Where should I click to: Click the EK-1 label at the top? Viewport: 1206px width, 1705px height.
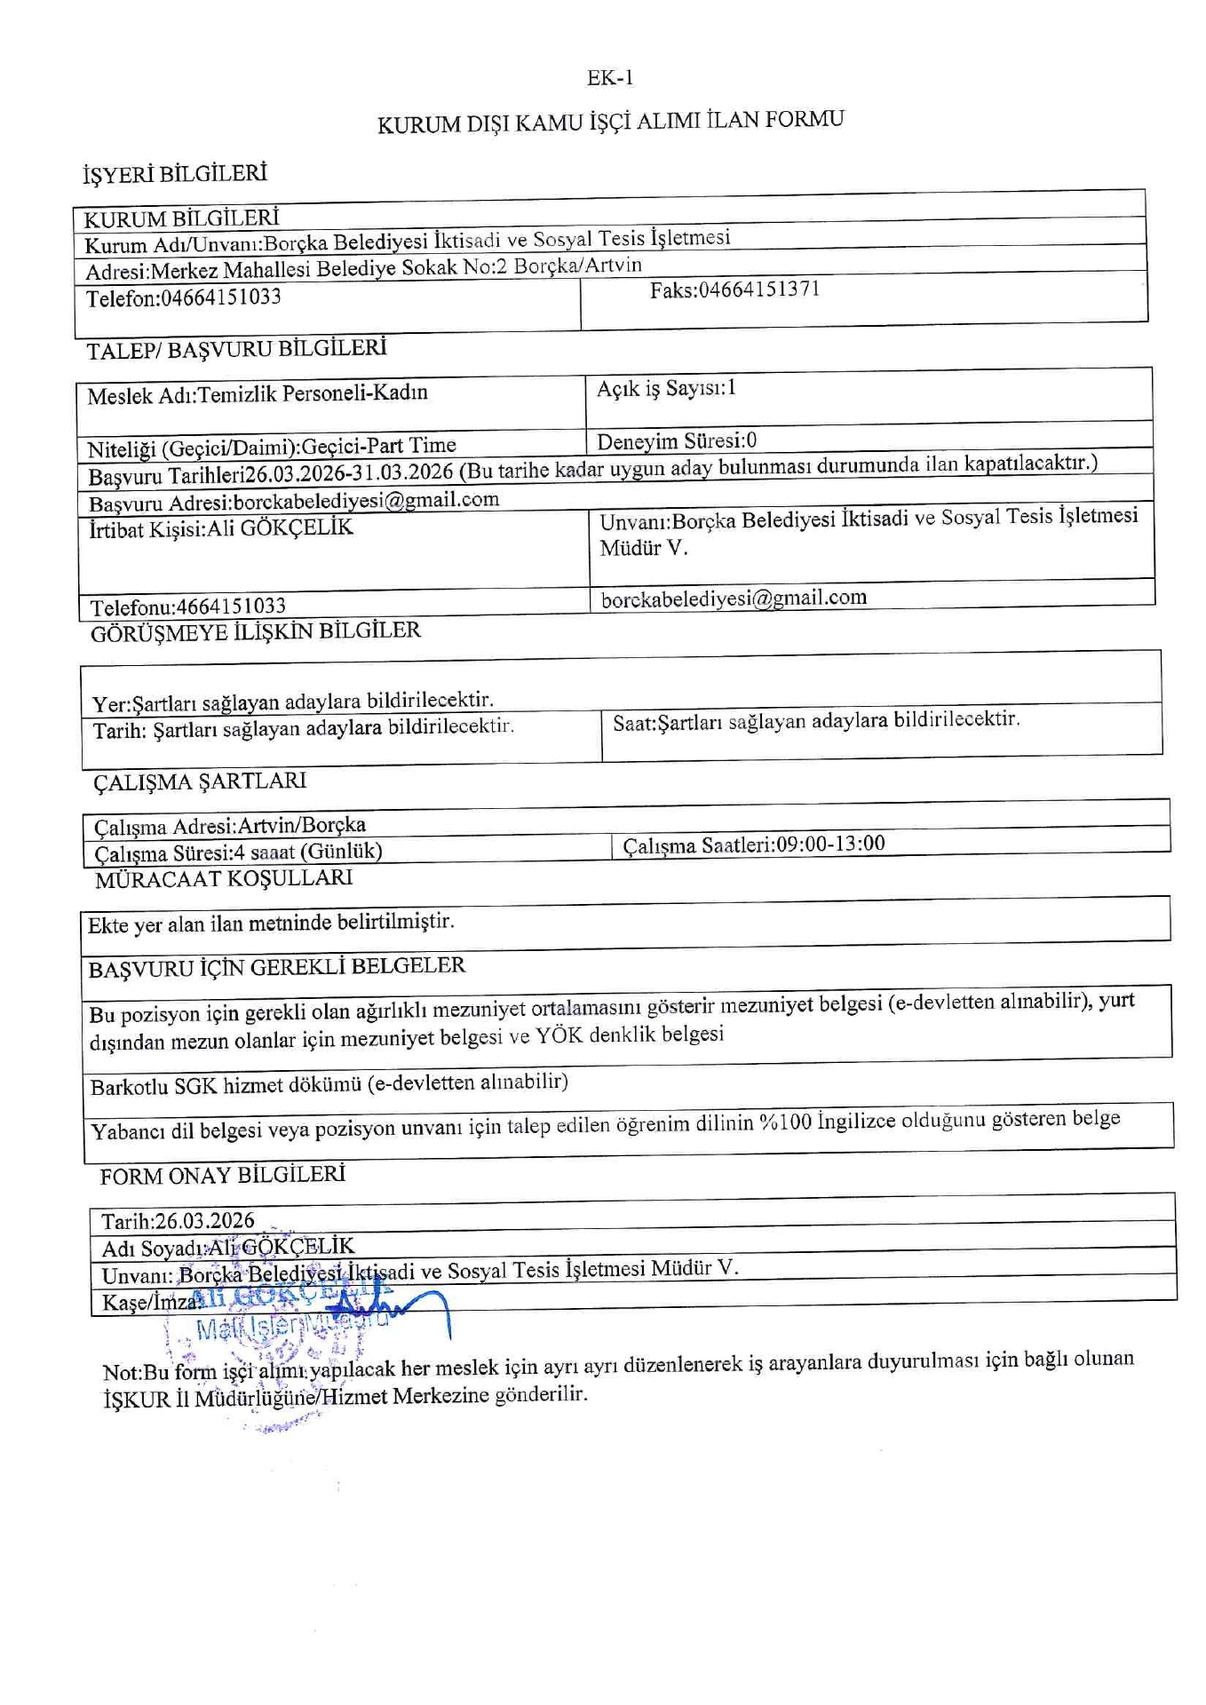(610, 78)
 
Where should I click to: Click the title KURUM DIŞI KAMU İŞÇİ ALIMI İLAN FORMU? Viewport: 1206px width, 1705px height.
(610, 121)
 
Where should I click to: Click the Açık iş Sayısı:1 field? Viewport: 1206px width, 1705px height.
(666, 388)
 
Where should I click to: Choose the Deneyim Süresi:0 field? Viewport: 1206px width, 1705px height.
(677, 440)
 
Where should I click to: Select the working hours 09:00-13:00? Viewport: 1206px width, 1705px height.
(830, 843)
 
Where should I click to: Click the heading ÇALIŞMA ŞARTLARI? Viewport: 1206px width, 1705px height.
(200, 781)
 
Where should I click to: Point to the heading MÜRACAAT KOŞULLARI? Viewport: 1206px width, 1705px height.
(224, 878)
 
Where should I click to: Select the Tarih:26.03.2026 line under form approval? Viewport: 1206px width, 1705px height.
(178, 1221)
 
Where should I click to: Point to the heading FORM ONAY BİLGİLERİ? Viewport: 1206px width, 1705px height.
(222, 1176)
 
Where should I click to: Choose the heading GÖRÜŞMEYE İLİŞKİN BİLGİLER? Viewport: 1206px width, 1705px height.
(256, 632)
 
